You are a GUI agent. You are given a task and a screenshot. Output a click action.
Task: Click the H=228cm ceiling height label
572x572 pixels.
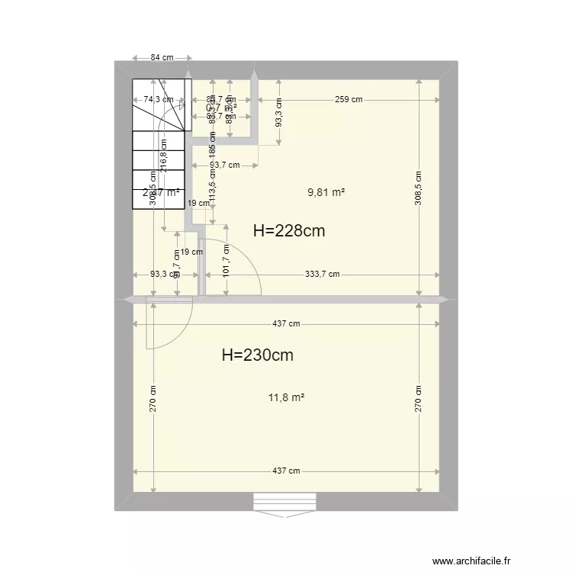(x=288, y=231)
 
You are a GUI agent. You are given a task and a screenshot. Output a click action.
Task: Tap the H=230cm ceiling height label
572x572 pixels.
(x=257, y=355)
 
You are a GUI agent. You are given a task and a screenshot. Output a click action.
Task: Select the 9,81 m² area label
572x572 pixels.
(x=326, y=193)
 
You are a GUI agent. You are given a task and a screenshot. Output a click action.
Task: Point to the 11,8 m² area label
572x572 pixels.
(x=287, y=397)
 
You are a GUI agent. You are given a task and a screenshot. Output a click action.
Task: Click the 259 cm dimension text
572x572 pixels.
(x=347, y=99)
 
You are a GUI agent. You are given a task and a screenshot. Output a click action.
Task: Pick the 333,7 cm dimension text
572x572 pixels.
(x=323, y=275)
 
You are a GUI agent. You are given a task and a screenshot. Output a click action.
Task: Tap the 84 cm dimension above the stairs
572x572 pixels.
(x=161, y=58)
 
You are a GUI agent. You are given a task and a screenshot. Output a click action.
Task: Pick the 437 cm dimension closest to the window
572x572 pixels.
(x=287, y=471)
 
